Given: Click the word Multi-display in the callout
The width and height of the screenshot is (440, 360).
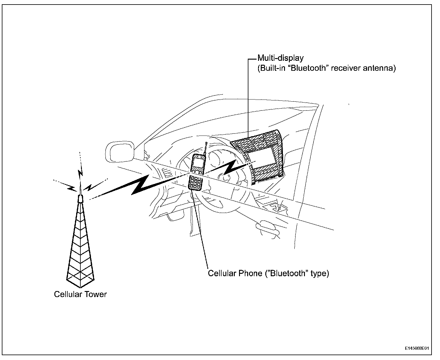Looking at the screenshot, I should [280, 58].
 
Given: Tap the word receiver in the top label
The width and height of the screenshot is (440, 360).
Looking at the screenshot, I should [344, 68].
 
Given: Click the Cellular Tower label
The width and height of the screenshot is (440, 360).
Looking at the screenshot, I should [80, 294].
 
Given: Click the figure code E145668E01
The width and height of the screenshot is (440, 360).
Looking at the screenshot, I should [417, 349].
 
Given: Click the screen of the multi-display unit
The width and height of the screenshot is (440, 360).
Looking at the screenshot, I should [265, 160].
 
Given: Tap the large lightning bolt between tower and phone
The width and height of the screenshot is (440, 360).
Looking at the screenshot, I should [136, 186].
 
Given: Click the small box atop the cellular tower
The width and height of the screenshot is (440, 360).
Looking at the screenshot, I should [80, 199].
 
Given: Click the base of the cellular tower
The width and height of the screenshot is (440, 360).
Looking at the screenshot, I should [80, 280].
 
